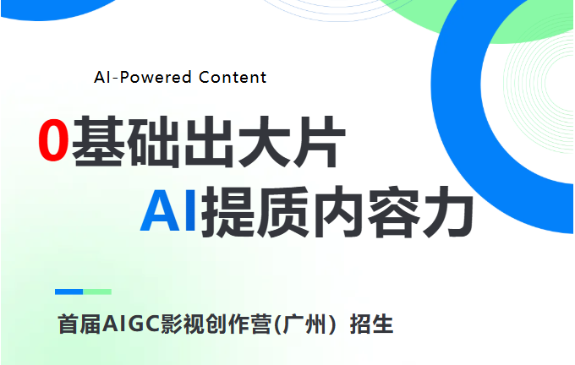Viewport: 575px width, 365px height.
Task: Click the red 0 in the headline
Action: coord(53,140)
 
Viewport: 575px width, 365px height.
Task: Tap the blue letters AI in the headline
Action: coord(168,210)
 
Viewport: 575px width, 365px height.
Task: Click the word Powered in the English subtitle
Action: coord(156,77)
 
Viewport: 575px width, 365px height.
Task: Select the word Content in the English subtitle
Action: coord(233,77)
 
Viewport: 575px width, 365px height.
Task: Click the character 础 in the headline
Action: coord(153,141)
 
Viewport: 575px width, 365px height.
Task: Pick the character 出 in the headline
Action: coord(209,141)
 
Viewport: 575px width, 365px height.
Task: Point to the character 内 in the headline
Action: coord(337,212)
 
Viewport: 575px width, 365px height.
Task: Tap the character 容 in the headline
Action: coord(393,211)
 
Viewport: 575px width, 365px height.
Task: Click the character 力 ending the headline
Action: coord(448,211)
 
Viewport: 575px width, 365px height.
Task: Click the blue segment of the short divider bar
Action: coord(69,291)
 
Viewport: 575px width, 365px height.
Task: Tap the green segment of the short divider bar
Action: coord(97,291)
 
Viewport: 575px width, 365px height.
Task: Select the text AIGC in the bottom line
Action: coord(131,324)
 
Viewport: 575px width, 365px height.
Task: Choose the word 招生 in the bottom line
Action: coord(372,324)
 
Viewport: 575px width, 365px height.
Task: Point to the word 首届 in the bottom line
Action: coord(79,324)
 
